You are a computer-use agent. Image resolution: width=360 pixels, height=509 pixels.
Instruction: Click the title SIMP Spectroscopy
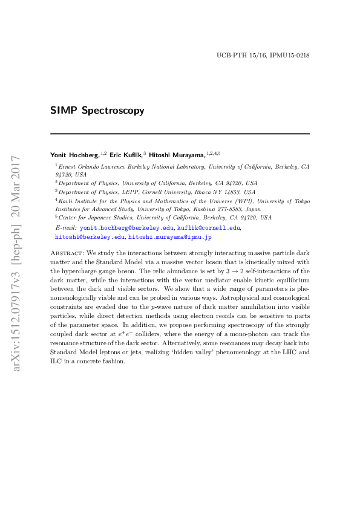(97, 111)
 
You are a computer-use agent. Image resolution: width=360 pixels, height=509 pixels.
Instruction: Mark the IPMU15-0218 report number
(292, 55)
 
